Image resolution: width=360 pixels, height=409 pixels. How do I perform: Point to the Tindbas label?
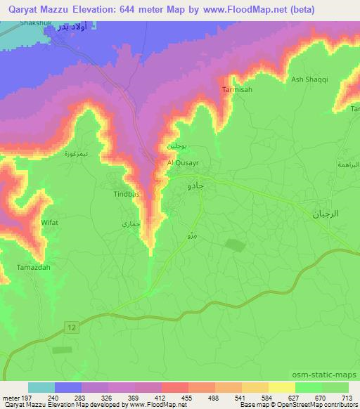click(x=127, y=193)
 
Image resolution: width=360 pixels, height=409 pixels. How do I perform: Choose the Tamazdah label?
click(x=30, y=268)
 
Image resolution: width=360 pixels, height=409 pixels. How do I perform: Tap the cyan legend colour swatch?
click(x=41, y=387)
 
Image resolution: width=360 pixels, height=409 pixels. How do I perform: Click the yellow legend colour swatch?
click(x=281, y=387)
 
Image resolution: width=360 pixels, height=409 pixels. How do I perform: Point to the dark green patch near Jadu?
click(x=233, y=245)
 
